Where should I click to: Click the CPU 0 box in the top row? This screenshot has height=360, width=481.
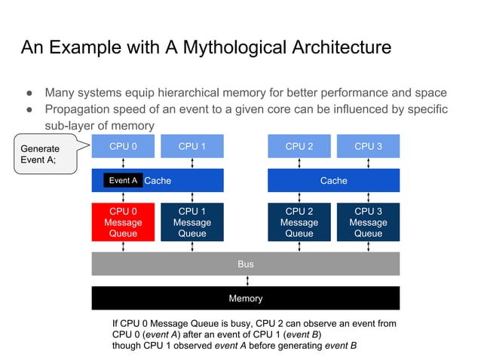point(123,146)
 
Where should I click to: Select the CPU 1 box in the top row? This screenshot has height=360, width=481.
point(192,146)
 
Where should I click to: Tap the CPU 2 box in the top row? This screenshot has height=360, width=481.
point(299,146)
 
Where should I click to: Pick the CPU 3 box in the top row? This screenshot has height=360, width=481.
point(368,146)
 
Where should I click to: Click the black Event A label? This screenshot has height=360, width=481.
point(123,181)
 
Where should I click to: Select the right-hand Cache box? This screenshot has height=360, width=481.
point(333,181)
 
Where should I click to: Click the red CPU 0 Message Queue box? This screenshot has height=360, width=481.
point(123,222)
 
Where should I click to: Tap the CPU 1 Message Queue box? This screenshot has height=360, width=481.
point(192,222)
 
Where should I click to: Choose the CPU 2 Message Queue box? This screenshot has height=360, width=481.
point(299,222)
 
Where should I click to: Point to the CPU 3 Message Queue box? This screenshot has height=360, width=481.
point(368,222)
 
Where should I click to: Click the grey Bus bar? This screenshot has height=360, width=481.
point(246,264)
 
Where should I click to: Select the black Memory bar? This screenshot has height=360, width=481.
point(246,298)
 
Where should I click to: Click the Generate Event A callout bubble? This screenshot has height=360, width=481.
point(41,154)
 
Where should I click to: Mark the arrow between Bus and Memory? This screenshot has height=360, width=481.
point(246,281)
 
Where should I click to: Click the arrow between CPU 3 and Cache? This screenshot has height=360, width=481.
point(368,163)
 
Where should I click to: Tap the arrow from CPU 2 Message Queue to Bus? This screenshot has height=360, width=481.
point(299,246)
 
